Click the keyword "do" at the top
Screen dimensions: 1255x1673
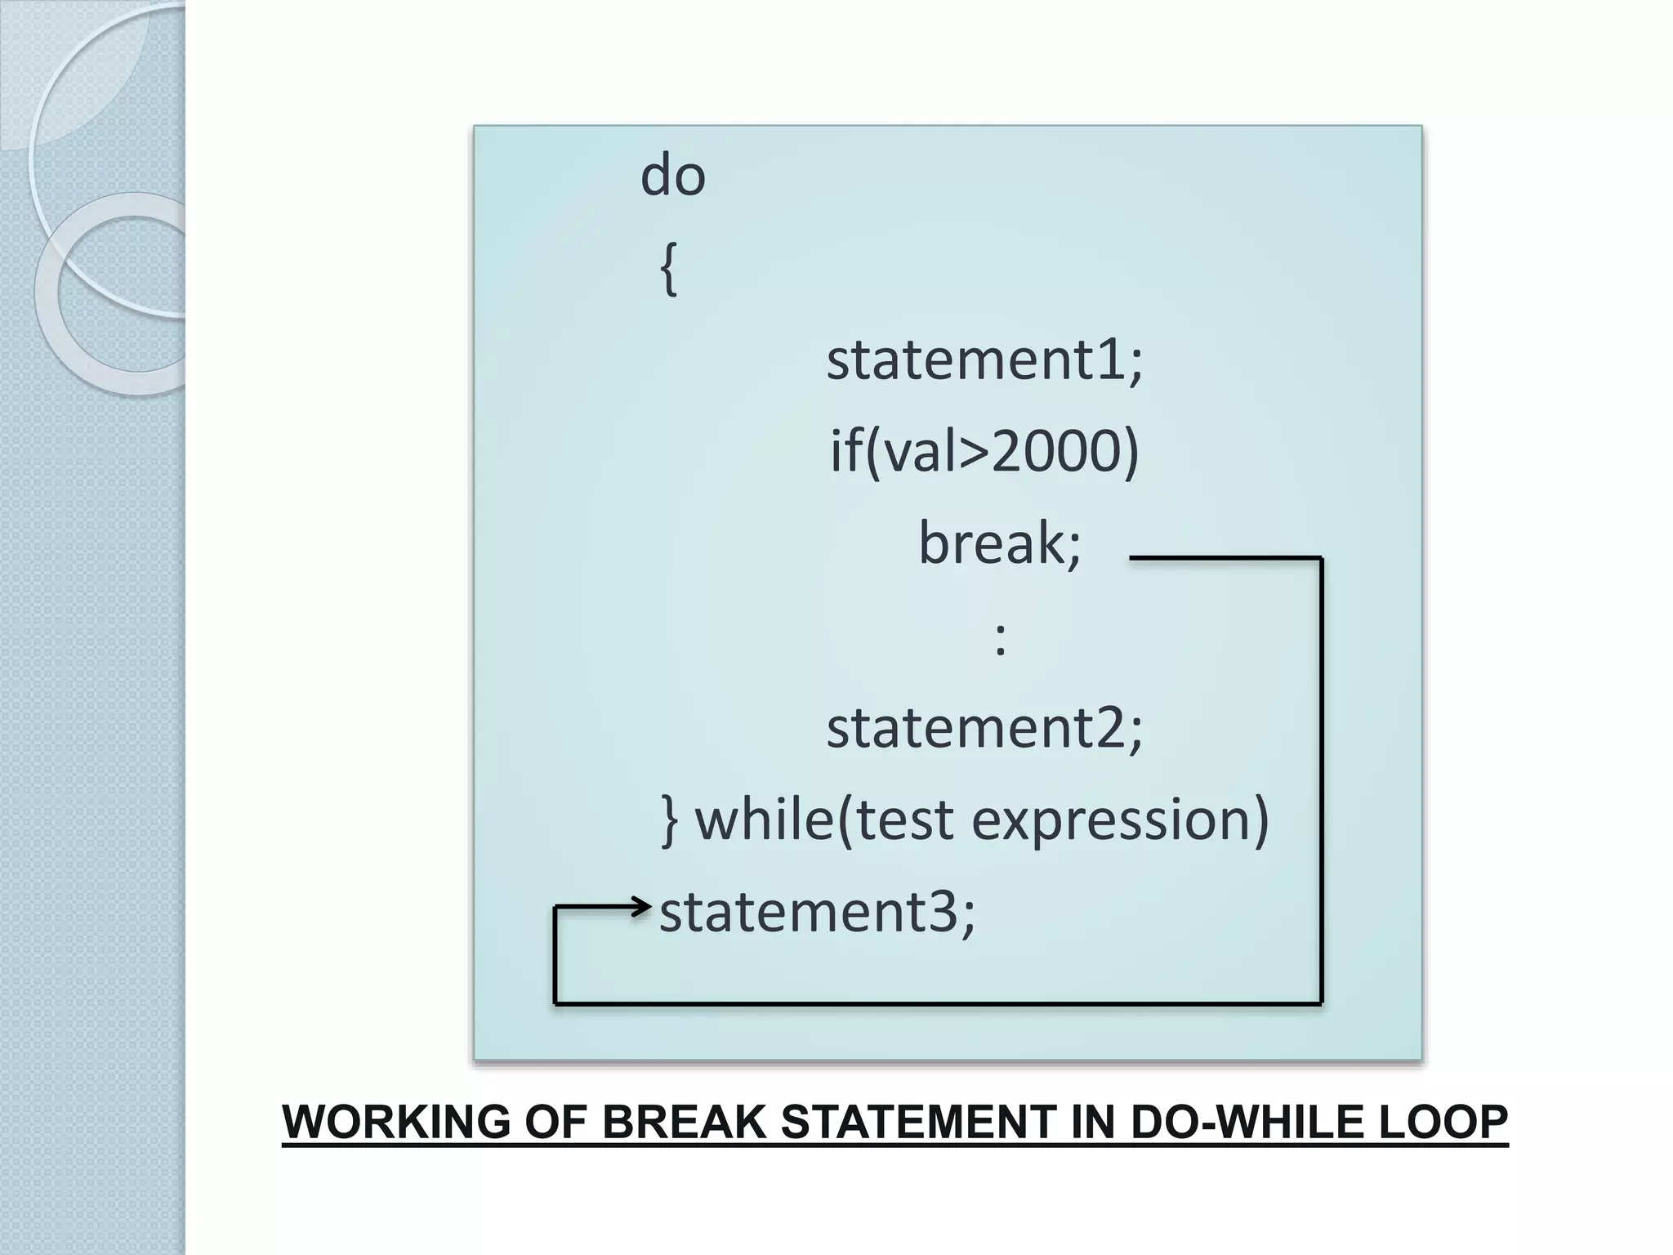[672, 176]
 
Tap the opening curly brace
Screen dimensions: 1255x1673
[668, 270]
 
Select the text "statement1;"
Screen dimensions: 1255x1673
[984, 360]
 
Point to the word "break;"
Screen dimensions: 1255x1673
[1000, 543]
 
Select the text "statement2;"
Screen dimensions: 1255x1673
[984, 728]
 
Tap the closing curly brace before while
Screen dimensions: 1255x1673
[670, 820]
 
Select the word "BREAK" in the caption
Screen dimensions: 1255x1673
[685, 1123]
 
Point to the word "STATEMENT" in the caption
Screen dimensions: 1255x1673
[918, 1123]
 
